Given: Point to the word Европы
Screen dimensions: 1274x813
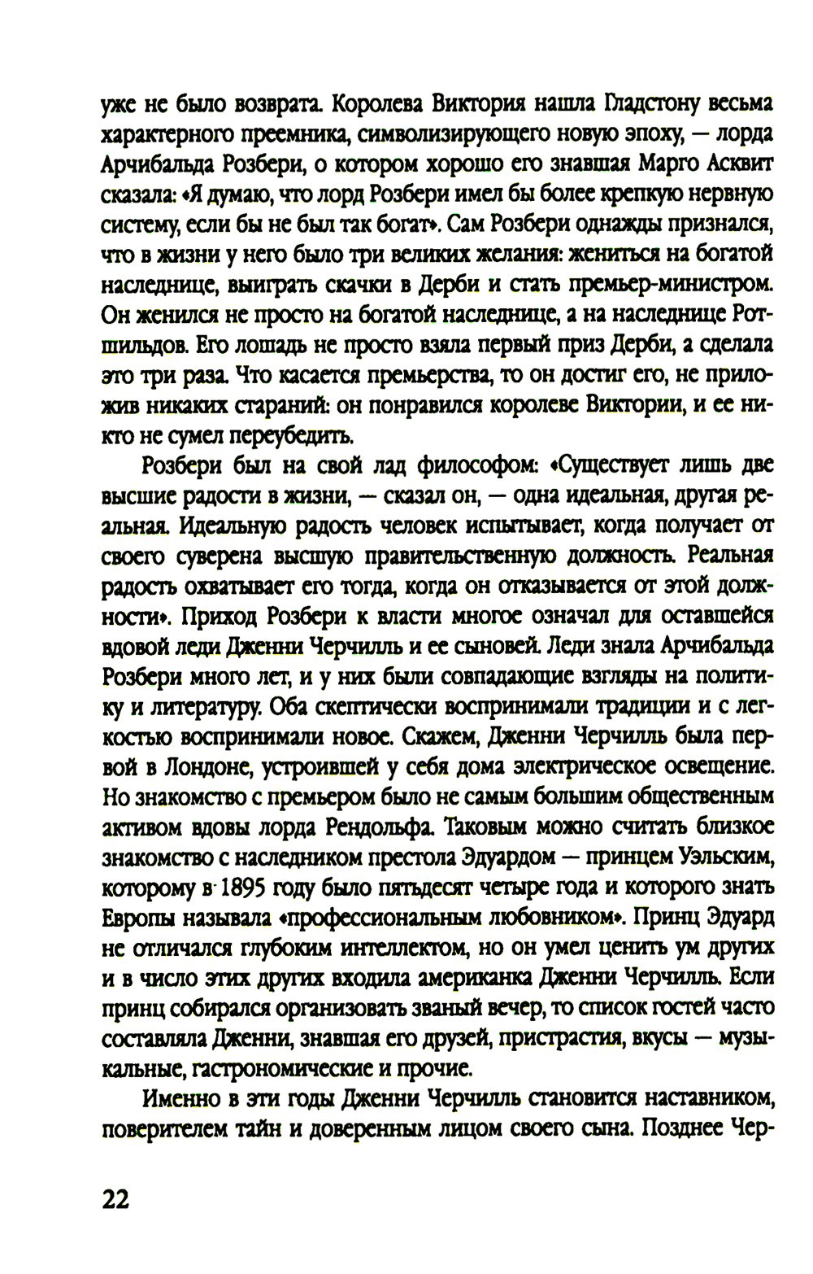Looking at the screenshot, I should click(x=137, y=917).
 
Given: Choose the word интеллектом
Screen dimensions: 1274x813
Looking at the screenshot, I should click(x=369, y=947).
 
